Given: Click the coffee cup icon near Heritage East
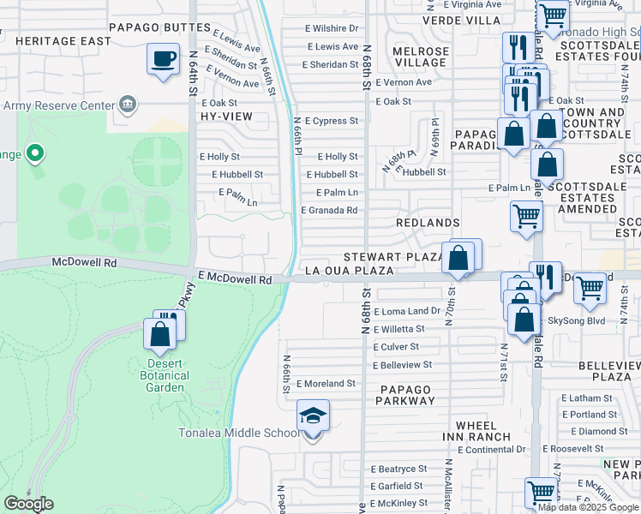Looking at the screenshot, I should pos(163,60).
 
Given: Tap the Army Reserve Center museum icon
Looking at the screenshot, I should pos(128,105).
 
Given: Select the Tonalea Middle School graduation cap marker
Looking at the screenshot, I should pos(313,416).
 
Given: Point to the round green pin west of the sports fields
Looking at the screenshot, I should pos(35,154).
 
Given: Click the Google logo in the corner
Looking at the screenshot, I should pos(28,504).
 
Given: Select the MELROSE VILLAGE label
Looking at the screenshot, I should pos(419,57).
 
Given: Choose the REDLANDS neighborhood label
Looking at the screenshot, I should pos(428,223).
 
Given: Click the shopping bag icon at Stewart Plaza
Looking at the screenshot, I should pos(459,257).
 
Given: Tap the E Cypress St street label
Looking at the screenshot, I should pos(331,122).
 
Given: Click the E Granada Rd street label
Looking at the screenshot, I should pos(329,210).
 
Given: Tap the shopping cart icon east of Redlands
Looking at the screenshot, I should pos(526,216).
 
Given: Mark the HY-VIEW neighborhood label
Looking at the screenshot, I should pos(221,116).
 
